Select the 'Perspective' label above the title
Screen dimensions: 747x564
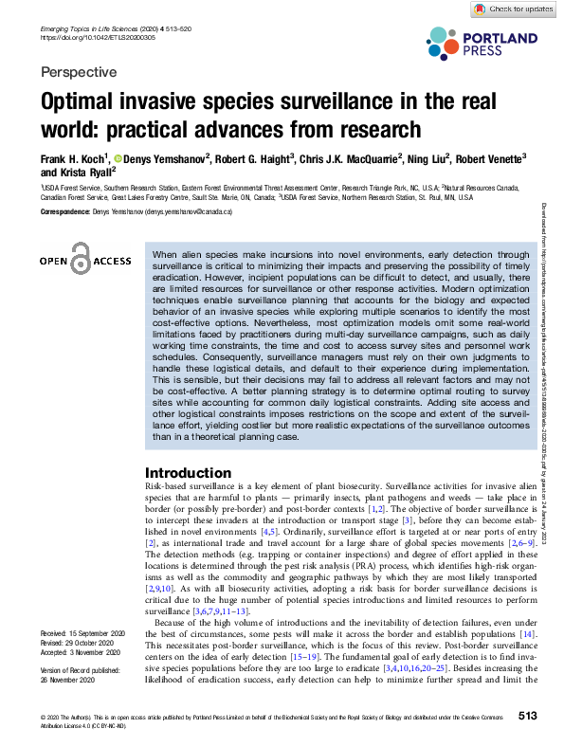tap(80, 72)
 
